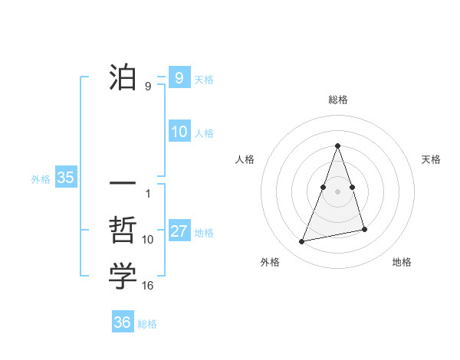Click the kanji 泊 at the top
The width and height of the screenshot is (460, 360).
click(x=123, y=77)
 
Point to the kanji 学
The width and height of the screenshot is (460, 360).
click(x=123, y=277)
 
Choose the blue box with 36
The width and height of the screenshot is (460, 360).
click(x=122, y=322)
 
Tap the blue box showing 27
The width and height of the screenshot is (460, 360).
click(x=179, y=232)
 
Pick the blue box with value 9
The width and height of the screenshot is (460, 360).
click(x=179, y=77)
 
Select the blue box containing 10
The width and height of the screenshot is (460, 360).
click(x=179, y=132)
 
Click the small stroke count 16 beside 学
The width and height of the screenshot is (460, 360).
click(x=148, y=286)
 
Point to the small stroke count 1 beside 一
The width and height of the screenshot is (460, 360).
click(x=148, y=193)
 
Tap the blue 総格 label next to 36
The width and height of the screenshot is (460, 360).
click(x=147, y=324)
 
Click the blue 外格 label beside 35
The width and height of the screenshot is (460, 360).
click(x=41, y=179)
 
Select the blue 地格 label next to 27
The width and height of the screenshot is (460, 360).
click(x=204, y=233)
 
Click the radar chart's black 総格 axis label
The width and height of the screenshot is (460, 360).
click(x=337, y=100)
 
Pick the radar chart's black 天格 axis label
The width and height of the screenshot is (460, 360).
click(x=431, y=159)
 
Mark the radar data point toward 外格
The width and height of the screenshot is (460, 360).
click(x=302, y=242)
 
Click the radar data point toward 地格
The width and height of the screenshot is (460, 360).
click(x=364, y=230)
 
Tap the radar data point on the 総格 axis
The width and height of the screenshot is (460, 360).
click(x=337, y=146)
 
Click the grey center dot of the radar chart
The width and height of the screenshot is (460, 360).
click(x=337, y=190)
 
